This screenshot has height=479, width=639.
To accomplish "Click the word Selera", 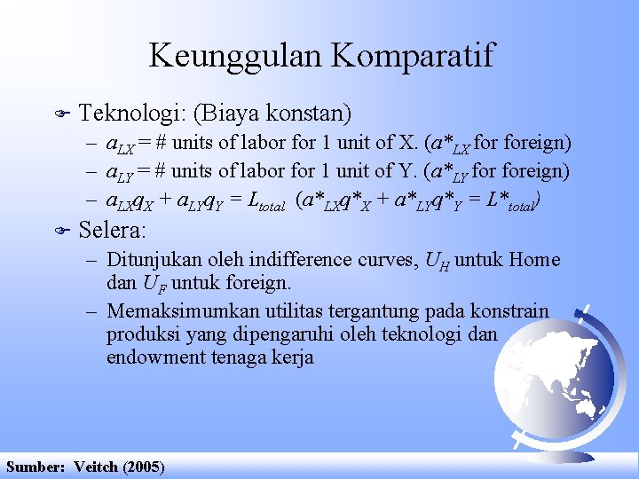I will pos(113,231).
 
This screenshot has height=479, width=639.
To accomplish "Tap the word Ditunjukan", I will pos(147,260).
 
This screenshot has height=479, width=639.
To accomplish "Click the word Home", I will pos(534,260).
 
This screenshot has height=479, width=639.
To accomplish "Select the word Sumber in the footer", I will pos(34,467).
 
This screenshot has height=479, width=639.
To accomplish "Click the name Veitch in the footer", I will pos(97,467).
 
